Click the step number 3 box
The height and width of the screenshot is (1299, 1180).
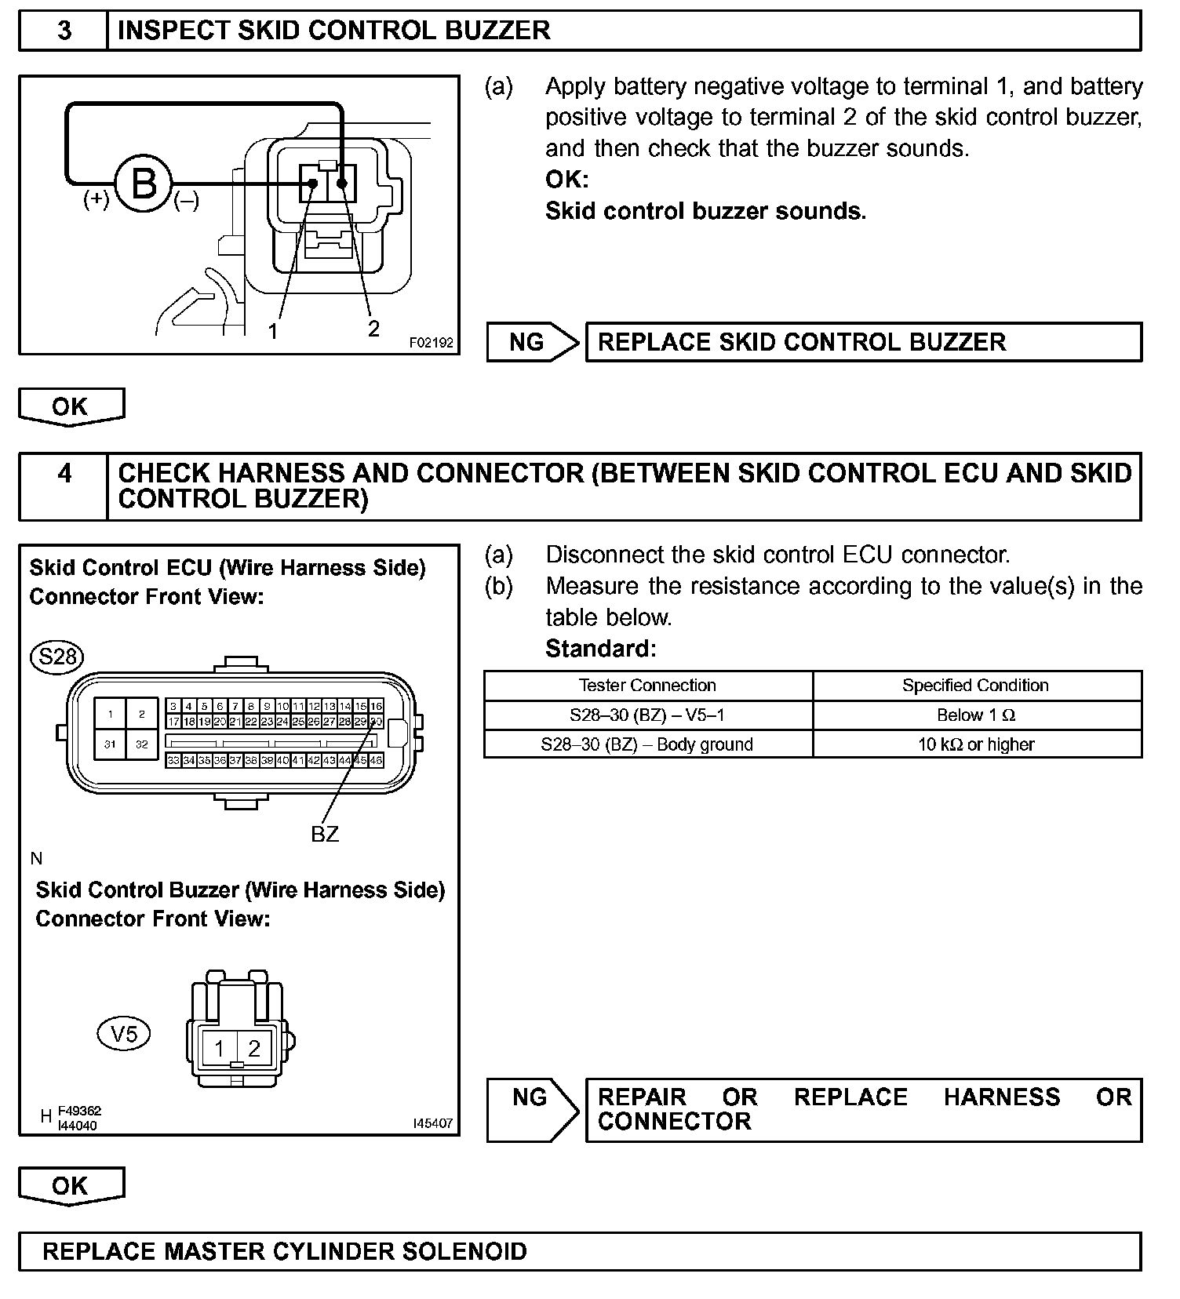click(64, 31)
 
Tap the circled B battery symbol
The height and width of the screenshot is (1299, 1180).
click(144, 184)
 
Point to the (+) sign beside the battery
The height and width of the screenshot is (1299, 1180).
click(97, 199)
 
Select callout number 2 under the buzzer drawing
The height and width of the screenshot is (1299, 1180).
click(373, 328)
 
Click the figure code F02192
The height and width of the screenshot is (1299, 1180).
click(431, 343)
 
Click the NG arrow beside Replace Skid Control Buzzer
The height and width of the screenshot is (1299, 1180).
click(533, 342)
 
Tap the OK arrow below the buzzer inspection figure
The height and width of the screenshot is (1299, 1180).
click(71, 406)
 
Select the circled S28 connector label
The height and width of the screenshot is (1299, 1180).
click(56, 656)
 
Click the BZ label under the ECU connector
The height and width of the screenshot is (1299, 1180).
click(325, 834)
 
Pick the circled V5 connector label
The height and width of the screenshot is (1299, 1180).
click(124, 1034)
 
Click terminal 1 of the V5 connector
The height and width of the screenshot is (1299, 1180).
click(220, 1048)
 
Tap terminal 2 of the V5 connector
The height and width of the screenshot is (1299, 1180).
click(254, 1048)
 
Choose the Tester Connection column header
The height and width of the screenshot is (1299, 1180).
click(647, 686)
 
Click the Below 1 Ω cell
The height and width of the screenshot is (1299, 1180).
click(976, 715)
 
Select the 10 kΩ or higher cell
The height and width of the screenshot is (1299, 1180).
click(976, 744)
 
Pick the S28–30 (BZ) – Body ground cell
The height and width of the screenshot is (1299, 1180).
click(647, 744)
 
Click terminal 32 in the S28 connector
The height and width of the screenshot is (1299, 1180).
click(142, 744)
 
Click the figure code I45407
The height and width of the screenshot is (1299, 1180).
click(432, 1123)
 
